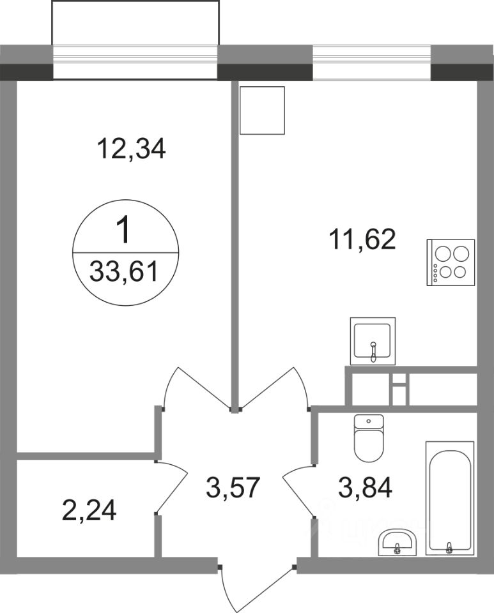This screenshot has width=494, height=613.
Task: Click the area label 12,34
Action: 132,149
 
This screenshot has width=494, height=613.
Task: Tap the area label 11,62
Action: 362,239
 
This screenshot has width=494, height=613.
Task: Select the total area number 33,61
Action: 123,271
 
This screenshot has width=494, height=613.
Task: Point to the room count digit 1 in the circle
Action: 125,231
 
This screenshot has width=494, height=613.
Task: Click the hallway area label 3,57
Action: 233,487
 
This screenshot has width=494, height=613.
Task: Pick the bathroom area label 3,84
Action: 365,487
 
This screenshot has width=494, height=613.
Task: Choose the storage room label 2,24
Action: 89,511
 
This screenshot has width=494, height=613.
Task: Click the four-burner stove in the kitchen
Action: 451,262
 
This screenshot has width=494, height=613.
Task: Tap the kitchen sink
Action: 373,341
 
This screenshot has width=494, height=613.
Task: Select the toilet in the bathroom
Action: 369,437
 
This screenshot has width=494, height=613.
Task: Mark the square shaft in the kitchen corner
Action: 262,110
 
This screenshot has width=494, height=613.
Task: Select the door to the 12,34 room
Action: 196,389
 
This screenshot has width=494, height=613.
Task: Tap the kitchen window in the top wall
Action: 371,63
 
